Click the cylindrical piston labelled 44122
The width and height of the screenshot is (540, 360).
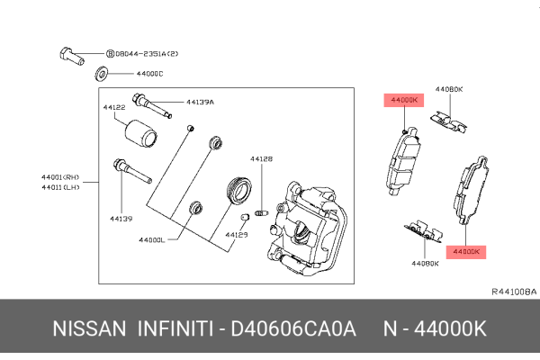140,132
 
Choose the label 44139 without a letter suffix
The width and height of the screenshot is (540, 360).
121,217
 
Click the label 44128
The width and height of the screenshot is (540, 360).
261,158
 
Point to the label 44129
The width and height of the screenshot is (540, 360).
236,234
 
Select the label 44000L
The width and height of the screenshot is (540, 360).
153,239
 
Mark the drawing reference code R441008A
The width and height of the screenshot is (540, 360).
513,292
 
